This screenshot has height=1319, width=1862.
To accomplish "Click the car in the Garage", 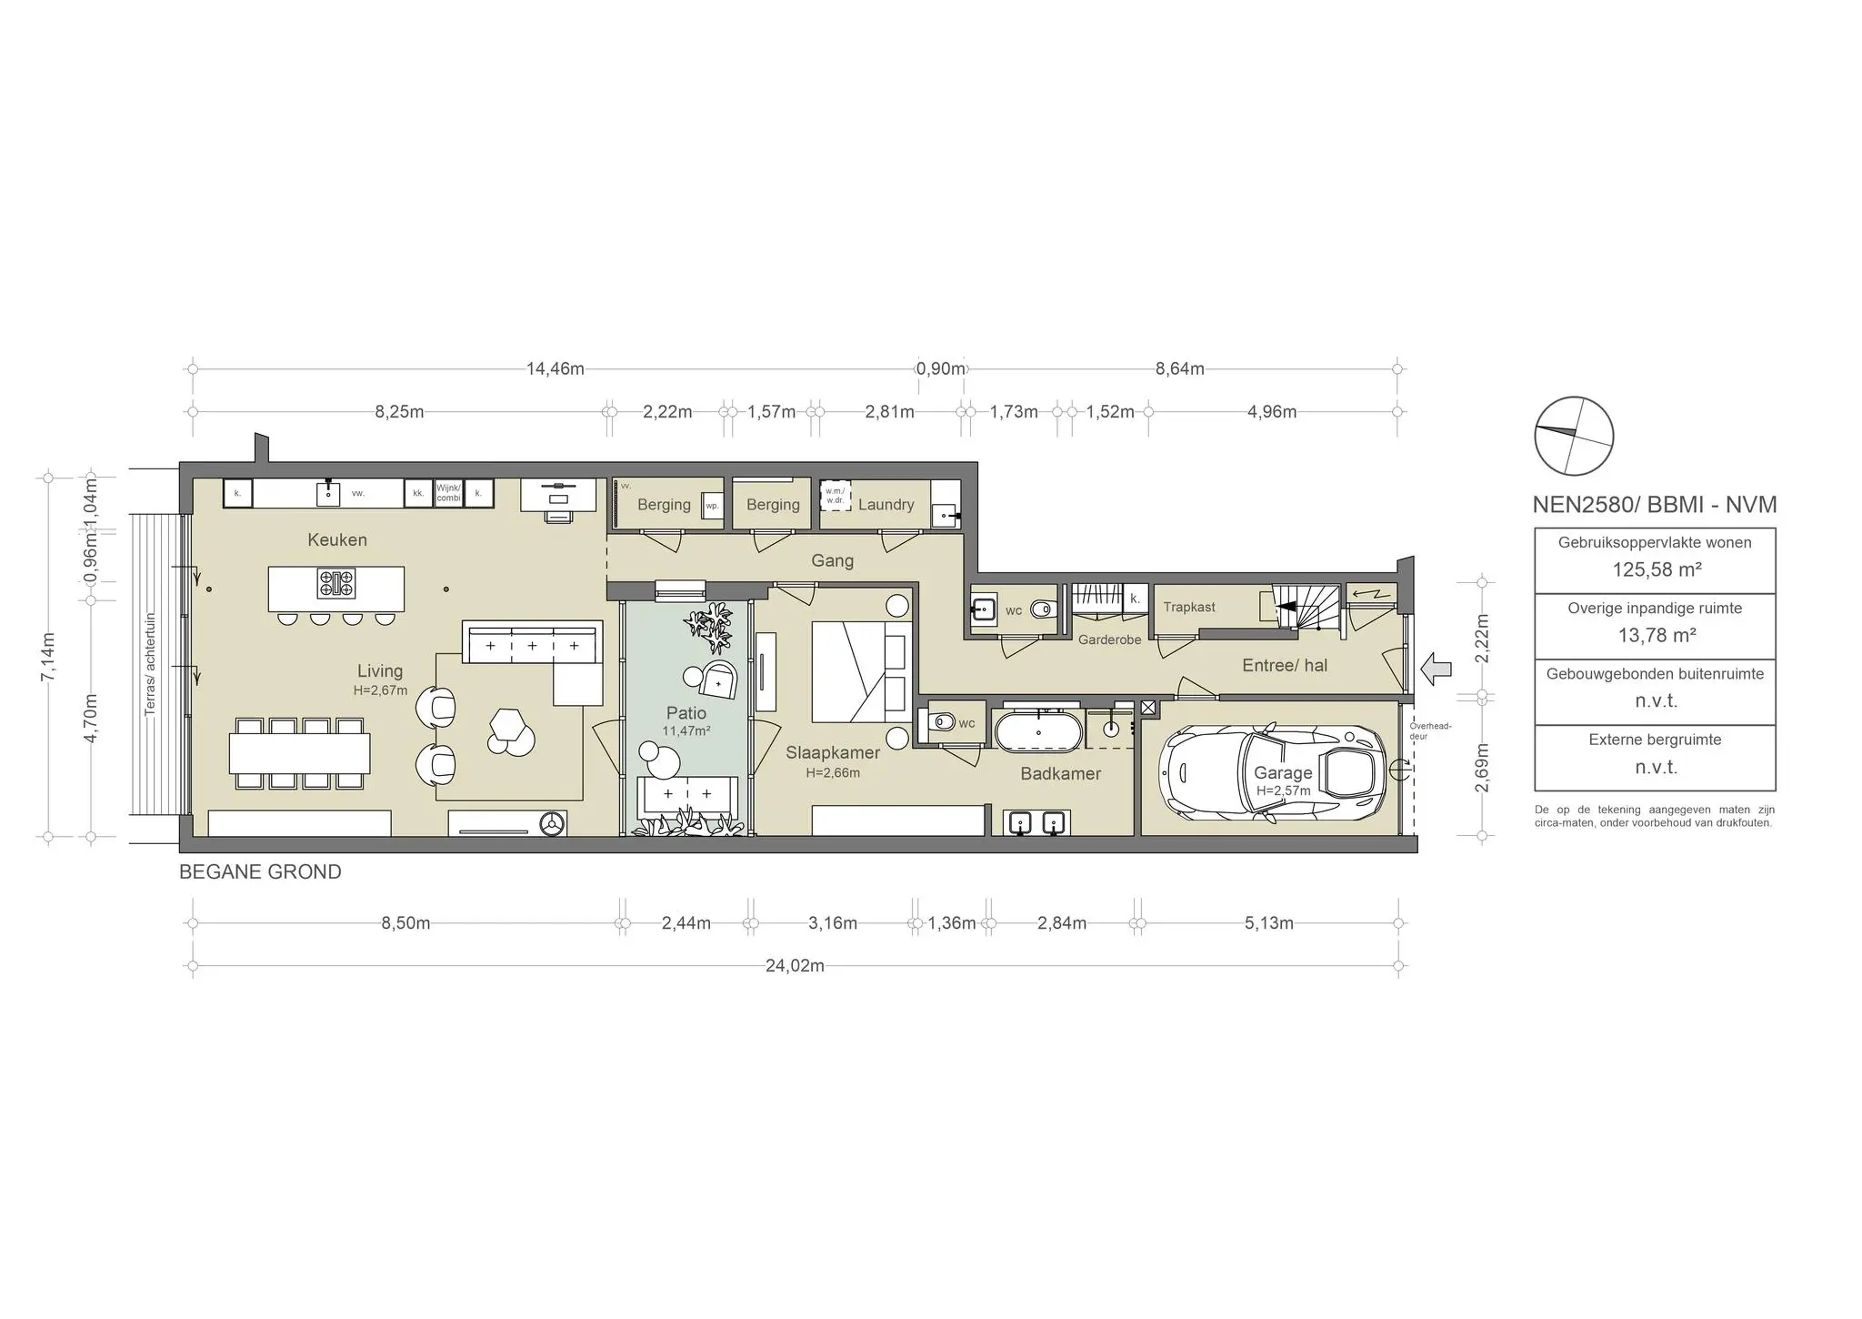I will [x=1273, y=774].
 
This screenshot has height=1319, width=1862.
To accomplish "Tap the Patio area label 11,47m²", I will [x=686, y=731].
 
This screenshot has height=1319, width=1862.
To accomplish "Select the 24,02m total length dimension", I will [x=795, y=966].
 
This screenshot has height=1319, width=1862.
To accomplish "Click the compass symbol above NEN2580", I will [x=1574, y=436].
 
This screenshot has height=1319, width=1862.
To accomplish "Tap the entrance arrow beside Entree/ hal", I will [x=1436, y=669].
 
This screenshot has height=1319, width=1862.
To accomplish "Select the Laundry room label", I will [x=886, y=505].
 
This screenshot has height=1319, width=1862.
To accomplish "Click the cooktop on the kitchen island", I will [x=336, y=583].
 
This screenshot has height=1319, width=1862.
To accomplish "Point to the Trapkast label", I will [x=1188, y=607].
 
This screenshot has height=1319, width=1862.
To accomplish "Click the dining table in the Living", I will [x=299, y=753].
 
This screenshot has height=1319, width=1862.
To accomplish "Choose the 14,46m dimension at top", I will [x=555, y=369].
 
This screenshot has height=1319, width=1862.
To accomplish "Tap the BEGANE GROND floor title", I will [x=260, y=872].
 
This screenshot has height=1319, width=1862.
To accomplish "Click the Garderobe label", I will [x=1109, y=639].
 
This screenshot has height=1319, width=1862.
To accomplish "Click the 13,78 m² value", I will [x=1657, y=636].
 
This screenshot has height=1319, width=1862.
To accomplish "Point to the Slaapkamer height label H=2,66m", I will [x=832, y=773].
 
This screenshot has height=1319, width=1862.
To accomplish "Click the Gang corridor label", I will [x=832, y=561].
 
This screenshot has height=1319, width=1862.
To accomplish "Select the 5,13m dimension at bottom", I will [x=1268, y=923].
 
